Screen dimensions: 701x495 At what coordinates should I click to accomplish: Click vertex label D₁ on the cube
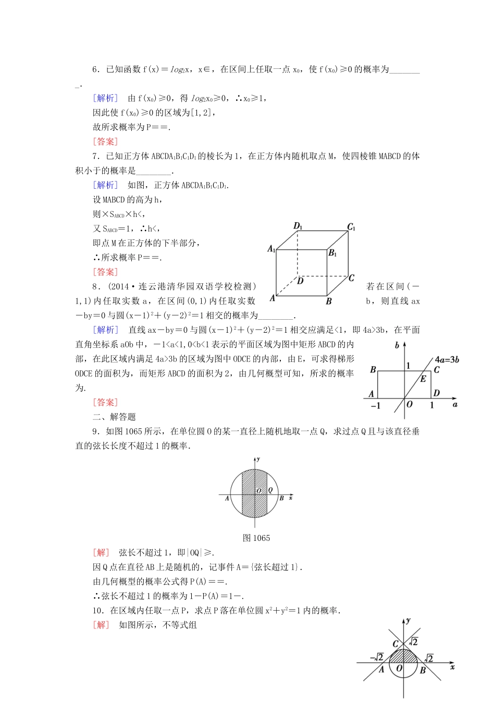(x=298, y=226)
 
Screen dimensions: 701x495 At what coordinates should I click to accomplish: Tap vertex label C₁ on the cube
(x=351, y=227)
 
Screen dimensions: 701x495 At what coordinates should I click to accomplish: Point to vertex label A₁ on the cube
(x=271, y=249)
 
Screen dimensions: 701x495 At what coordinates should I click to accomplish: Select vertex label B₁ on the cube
(x=332, y=253)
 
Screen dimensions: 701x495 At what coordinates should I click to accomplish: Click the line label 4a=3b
(x=447, y=359)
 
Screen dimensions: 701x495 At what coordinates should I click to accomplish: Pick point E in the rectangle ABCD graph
(x=423, y=379)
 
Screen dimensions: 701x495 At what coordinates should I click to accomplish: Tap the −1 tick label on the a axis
(x=375, y=405)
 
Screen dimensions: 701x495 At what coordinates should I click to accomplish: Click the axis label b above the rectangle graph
(x=397, y=345)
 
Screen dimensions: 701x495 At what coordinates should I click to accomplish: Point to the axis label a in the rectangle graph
(x=455, y=404)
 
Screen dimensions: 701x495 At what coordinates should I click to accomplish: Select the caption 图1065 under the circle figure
(x=256, y=538)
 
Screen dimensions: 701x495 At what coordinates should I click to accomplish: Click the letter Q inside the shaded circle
(x=270, y=490)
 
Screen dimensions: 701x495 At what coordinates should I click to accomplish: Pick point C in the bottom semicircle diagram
(x=395, y=645)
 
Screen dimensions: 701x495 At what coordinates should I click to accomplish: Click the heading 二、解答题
(x=114, y=417)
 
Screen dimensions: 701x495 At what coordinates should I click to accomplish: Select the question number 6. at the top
(x=96, y=69)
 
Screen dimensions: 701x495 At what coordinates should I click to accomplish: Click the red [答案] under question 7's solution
(x=105, y=272)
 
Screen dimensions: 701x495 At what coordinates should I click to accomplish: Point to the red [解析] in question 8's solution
(x=105, y=330)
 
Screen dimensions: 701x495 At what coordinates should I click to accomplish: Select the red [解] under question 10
(x=101, y=625)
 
